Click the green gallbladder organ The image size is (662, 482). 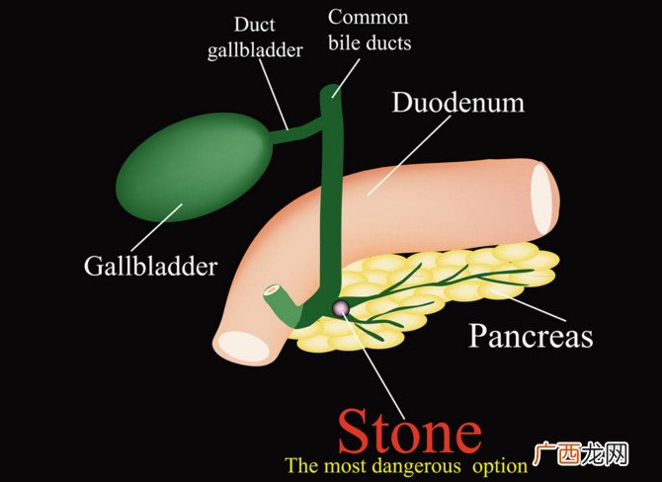pos(192,167)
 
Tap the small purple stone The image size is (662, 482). pos(340,308)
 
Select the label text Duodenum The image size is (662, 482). pos(458,103)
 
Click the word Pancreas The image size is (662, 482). pos(531,336)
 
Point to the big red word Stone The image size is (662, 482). pos(410,431)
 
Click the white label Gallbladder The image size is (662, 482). pos(150,267)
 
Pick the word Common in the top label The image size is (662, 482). pos(369,18)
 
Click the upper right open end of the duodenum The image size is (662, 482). pos(541,199)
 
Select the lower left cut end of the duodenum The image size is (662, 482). pos(246,346)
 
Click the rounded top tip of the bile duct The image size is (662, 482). pos(331,90)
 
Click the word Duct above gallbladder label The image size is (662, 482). pos(254,25)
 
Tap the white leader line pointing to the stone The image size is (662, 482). pos(372,361)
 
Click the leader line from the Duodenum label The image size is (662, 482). pos(409,155)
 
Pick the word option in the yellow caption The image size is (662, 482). pos(499,467)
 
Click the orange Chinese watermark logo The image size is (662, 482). pos(581,453)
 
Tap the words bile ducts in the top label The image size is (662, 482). pos(370,43)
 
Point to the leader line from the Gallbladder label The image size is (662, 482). pos(157,228)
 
